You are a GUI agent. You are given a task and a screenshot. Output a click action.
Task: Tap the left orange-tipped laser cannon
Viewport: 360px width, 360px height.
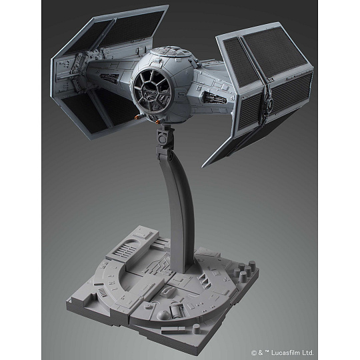137,117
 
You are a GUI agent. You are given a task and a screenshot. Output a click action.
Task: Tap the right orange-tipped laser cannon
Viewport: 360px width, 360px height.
158,121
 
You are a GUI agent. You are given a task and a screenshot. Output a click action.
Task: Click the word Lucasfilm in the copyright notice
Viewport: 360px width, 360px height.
285,353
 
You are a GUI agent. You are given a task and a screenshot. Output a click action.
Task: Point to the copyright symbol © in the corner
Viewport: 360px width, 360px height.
253,353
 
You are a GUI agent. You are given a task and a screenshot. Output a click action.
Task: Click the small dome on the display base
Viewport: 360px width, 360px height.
163,315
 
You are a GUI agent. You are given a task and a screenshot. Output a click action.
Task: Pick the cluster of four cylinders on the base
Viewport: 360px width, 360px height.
244,270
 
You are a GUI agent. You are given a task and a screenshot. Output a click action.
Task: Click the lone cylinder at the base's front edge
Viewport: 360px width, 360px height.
197,329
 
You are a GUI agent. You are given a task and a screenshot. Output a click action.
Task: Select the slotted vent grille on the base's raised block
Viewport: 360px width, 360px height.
125,249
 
